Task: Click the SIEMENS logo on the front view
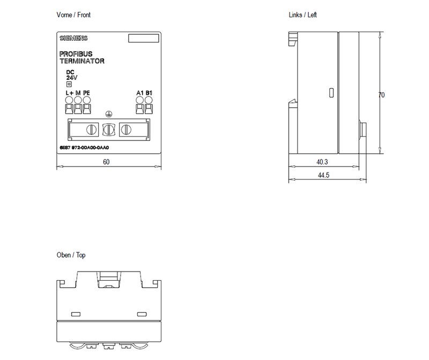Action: point(73,38)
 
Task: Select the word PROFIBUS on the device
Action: point(76,54)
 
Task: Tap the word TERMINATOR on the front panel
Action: point(82,61)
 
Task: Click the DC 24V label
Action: point(72,75)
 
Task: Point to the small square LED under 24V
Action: point(69,84)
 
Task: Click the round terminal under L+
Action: point(69,100)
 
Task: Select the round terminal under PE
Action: point(87,100)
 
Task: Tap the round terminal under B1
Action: point(149,100)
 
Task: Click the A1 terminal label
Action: point(140,93)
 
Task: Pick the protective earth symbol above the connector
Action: point(109,114)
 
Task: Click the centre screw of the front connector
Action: point(109,129)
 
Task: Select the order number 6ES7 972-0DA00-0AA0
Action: point(84,148)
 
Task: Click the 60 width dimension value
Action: point(106,162)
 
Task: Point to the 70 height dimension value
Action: point(381,95)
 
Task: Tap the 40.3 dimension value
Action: point(322,162)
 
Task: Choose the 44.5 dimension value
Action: point(323,175)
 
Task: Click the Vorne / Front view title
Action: point(73,15)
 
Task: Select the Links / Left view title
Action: point(302,15)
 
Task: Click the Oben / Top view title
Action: point(71,255)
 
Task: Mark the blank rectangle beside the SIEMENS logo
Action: point(144,38)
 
